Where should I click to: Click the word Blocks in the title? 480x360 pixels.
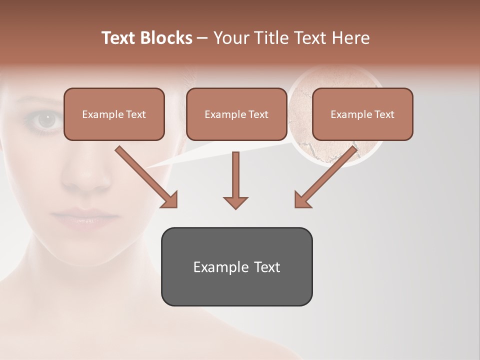click(167, 38)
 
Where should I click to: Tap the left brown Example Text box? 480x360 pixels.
click(114, 114)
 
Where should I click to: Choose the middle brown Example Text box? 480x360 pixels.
click(236, 114)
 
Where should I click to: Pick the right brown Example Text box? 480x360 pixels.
click(362, 114)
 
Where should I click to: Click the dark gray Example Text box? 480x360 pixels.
click(236, 266)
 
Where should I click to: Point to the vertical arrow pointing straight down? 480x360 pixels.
click(235, 180)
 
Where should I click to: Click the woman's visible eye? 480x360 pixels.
click(47, 119)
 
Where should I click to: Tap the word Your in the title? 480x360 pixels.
click(230, 38)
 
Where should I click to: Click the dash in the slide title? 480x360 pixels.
click(202, 38)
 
